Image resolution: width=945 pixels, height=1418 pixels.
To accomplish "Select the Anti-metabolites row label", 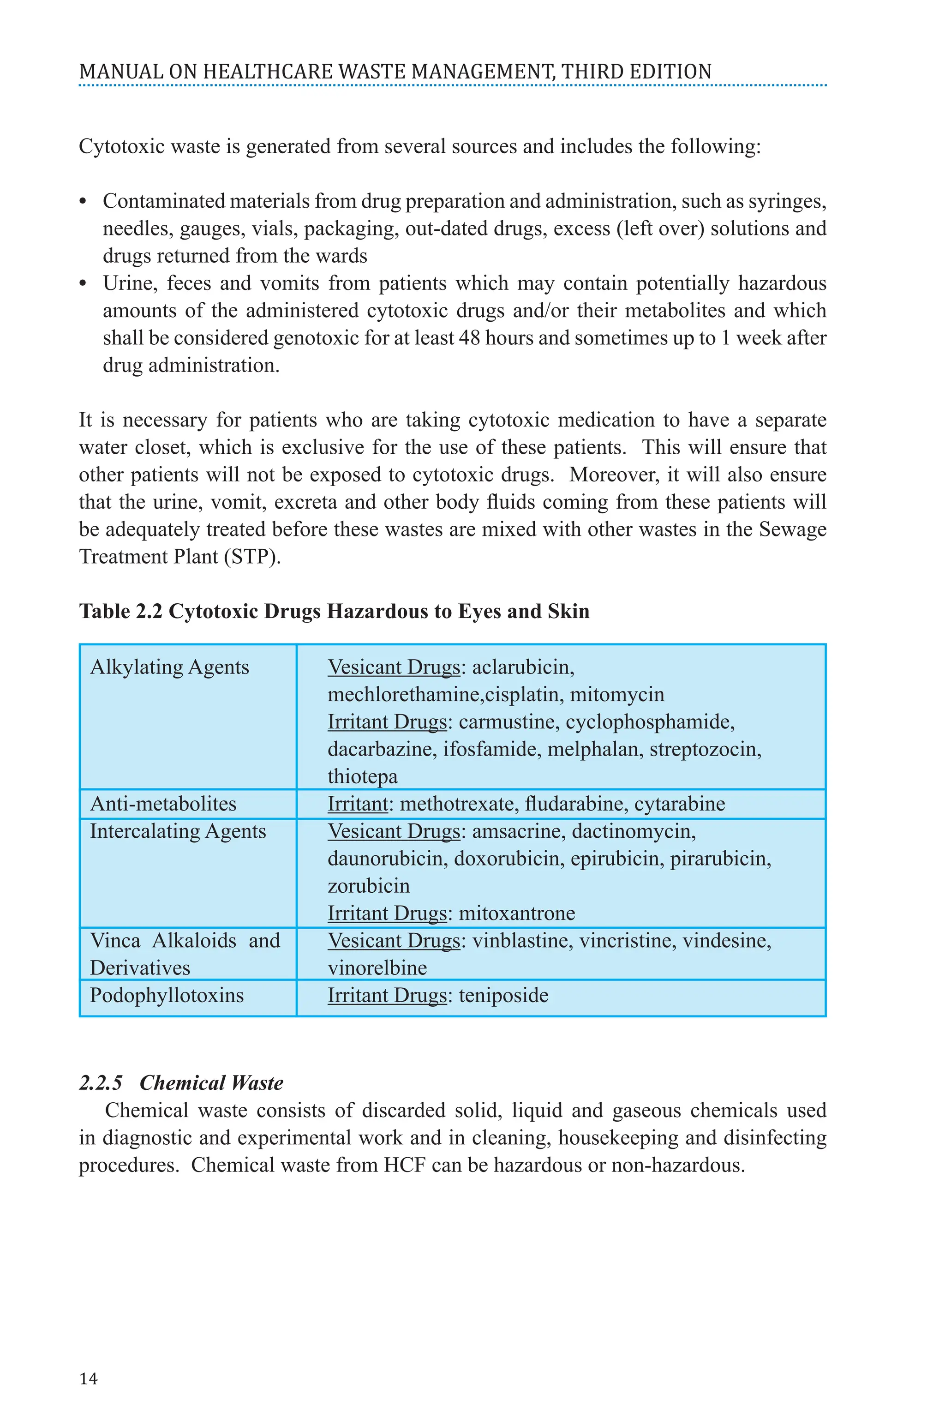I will click(163, 804).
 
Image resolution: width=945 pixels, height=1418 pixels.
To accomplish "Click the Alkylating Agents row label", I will click(169, 667).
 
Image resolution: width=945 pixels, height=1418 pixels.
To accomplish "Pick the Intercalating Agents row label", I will click(178, 831).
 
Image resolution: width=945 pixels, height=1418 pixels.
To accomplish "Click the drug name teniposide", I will click(503, 995).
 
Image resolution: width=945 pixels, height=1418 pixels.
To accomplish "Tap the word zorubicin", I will click(368, 886).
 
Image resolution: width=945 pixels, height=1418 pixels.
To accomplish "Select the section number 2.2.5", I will click(101, 1083).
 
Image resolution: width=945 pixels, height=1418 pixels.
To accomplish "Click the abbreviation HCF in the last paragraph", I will click(404, 1165).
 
